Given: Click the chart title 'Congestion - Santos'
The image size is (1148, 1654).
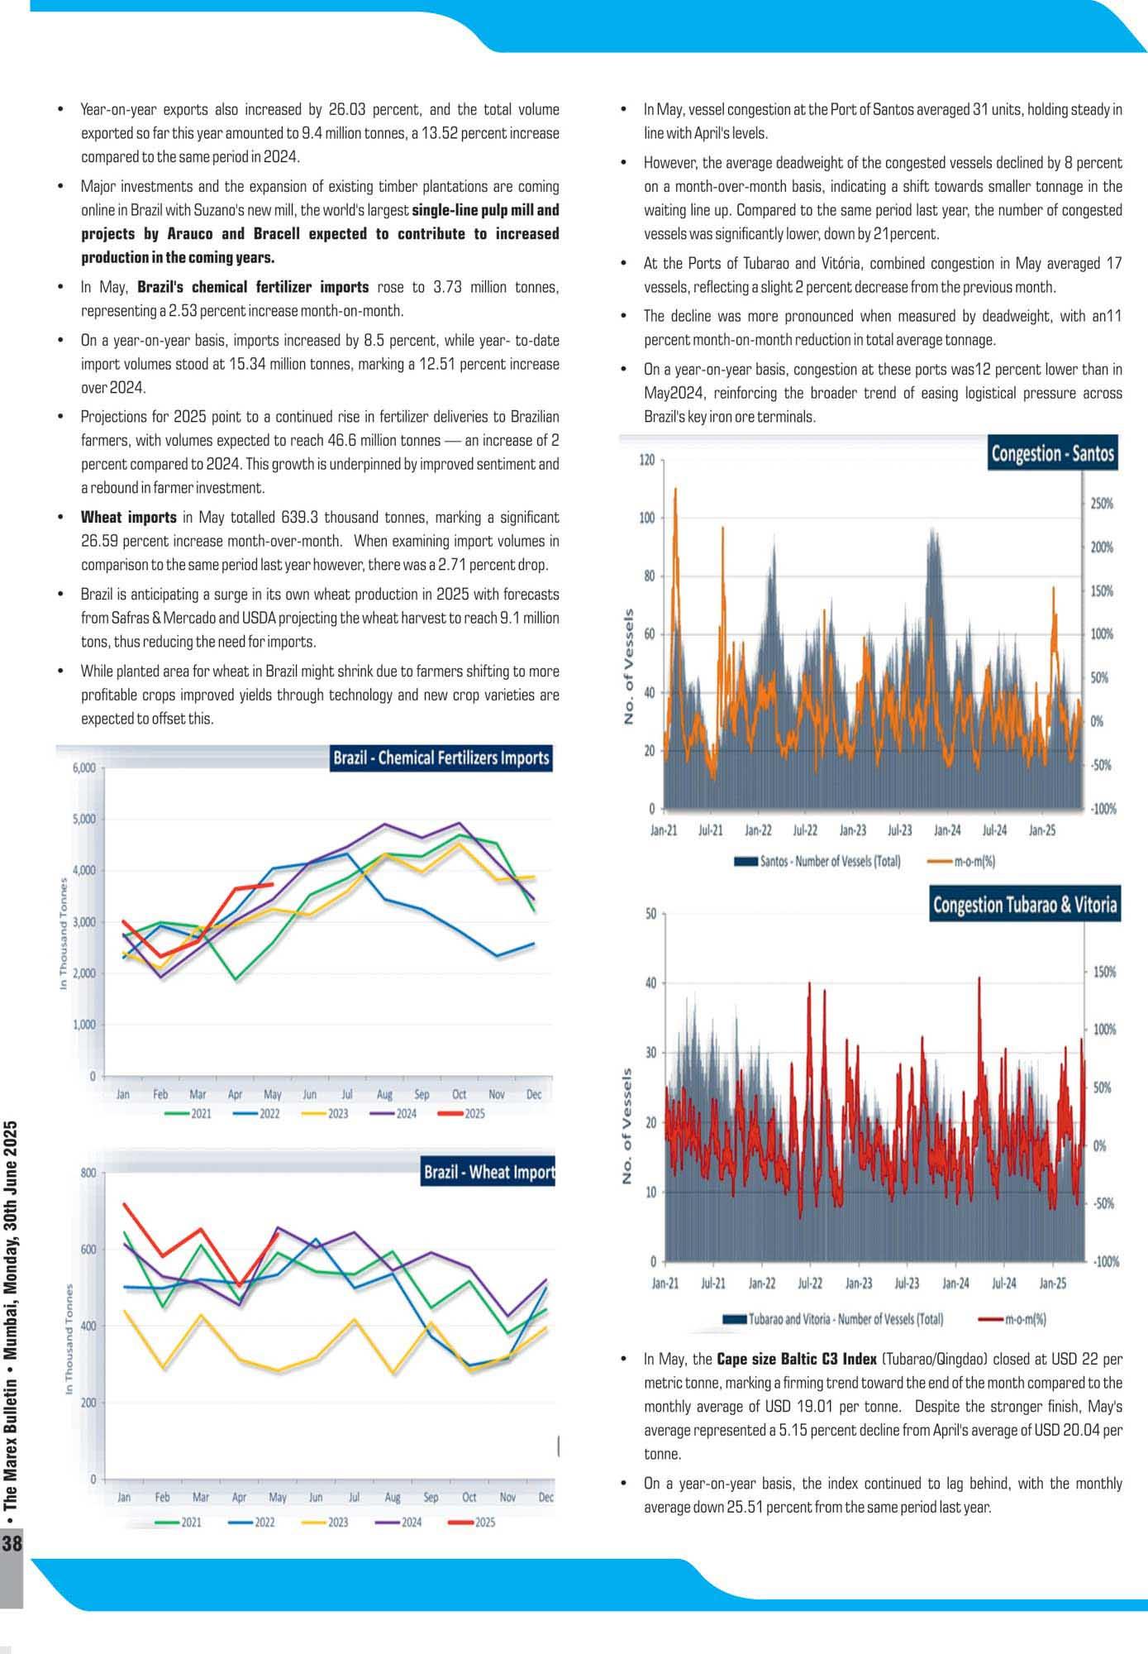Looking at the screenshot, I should pyautogui.click(x=1052, y=453).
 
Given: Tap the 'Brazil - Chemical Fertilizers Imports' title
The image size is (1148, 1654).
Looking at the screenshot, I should pyautogui.click(x=441, y=758).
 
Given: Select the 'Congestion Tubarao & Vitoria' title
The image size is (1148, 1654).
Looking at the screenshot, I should pyautogui.click(x=1025, y=905).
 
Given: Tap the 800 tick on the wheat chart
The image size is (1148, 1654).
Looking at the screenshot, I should pyautogui.click(x=88, y=1173).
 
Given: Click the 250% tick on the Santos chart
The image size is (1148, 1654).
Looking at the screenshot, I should pyautogui.click(x=1102, y=504).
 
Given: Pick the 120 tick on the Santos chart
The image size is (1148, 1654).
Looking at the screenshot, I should pyautogui.click(x=646, y=460).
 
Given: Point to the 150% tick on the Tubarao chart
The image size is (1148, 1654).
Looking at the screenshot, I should pyautogui.click(x=1104, y=972).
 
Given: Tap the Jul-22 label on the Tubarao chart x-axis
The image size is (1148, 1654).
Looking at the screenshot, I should pyautogui.click(x=809, y=1284).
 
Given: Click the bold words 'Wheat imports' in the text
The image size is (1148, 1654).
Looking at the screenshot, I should pyautogui.click(x=128, y=518).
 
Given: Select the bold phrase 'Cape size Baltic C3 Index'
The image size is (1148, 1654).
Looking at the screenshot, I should pyautogui.click(x=796, y=1359).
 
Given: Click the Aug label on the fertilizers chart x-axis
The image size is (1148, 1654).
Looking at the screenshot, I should pyautogui.click(x=384, y=1094).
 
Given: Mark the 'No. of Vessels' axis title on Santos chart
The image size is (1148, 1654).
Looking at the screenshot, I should pyautogui.click(x=629, y=667).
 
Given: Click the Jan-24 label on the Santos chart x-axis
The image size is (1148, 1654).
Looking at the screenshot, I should pyautogui.click(x=947, y=830).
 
